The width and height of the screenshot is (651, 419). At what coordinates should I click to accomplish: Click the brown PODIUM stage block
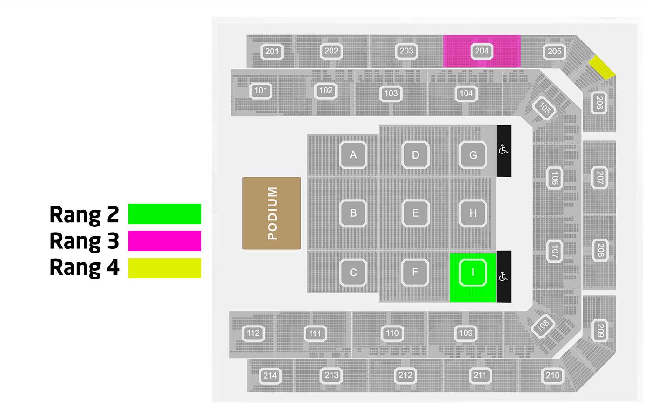pyautogui.click(x=272, y=213)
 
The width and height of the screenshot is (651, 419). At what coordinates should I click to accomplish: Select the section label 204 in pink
pyautogui.click(x=481, y=51)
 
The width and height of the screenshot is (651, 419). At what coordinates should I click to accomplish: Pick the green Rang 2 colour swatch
pyautogui.click(x=165, y=214)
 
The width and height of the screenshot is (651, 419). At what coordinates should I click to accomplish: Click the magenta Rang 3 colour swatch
pyautogui.click(x=165, y=241)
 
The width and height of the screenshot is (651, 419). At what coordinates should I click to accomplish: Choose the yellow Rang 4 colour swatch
pyautogui.click(x=165, y=268)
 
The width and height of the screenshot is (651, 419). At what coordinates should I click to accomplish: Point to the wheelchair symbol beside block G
pyautogui.click(x=504, y=150)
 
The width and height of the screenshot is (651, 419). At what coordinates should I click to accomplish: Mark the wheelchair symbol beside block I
pyautogui.click(x=504, y=277)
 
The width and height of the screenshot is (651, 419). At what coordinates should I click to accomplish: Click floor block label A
pyautogui.click(x=353, y=154)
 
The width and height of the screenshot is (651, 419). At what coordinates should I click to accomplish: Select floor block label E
pyautogui.click(x=415, y=213)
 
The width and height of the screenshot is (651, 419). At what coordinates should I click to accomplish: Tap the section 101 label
pyautogui.click(x=261, y=90)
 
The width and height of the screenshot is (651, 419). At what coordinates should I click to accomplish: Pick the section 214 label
pyautogui.click(x=270, y=375)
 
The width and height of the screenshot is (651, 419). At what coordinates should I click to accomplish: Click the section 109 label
pyautogui.click(x=465, y=333)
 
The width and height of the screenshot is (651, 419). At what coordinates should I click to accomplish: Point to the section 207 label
pyautogui.click(x=599, y=177)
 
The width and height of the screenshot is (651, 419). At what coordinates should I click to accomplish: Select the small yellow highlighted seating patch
pyautogui.click(x=602, y=67)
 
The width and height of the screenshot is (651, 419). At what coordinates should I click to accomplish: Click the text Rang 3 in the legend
pyautogui.click(x=84, y=241)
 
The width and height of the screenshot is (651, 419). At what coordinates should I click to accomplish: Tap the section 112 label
pyautogui.click(x=253, y=333)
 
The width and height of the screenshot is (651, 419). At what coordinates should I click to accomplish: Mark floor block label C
pyautogui.click(x=353, y=272)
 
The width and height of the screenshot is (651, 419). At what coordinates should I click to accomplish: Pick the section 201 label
pyautogui.click(x=272, y=51)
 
